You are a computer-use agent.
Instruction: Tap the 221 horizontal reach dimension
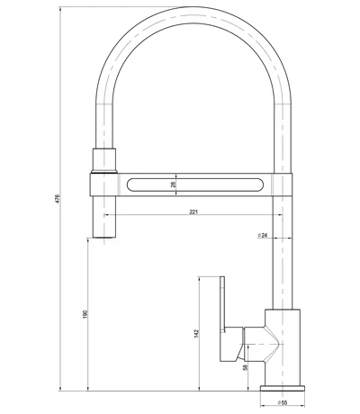193,213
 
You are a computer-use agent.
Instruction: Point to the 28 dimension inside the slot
172,184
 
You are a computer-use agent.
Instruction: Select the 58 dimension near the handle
246,367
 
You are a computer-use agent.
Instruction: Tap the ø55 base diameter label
282,404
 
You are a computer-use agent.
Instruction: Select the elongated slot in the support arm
193,184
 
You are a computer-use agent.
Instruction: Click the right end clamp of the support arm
283,184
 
